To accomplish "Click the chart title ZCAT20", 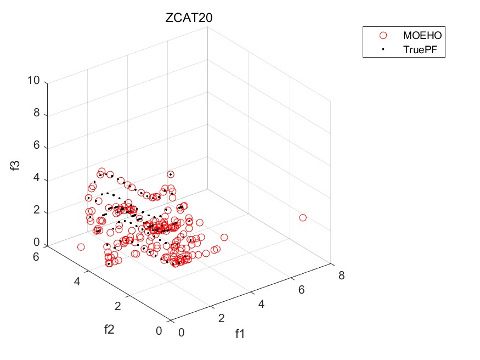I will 189,18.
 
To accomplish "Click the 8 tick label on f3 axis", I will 37,115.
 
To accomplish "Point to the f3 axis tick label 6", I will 37,147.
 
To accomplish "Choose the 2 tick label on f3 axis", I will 37,212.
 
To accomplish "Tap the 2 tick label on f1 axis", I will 222,318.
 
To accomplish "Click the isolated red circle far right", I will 302,218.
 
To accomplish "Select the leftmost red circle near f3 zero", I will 81,247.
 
